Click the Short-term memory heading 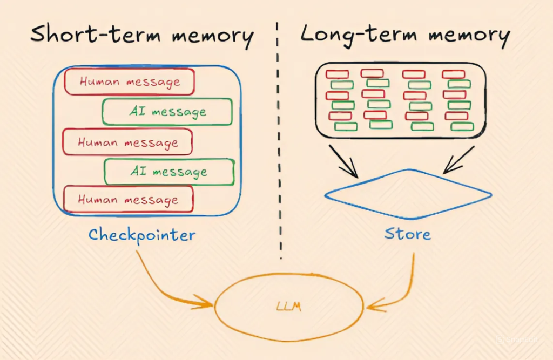[141, 36]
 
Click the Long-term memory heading [404, 36]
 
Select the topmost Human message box [130, 82]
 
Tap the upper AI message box [167, 112]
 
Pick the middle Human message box [127, 142]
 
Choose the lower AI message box [169, 172]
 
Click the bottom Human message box [128, 199]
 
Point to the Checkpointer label [141, 235]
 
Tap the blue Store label [408, 234]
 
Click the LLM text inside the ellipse [290, 307]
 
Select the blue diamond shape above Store [408, 194]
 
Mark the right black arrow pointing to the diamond [459, 160]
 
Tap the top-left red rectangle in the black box [337, 74]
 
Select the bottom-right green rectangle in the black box [462, 126]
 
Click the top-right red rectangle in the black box [453, 74]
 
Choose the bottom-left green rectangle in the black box [346, 126]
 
